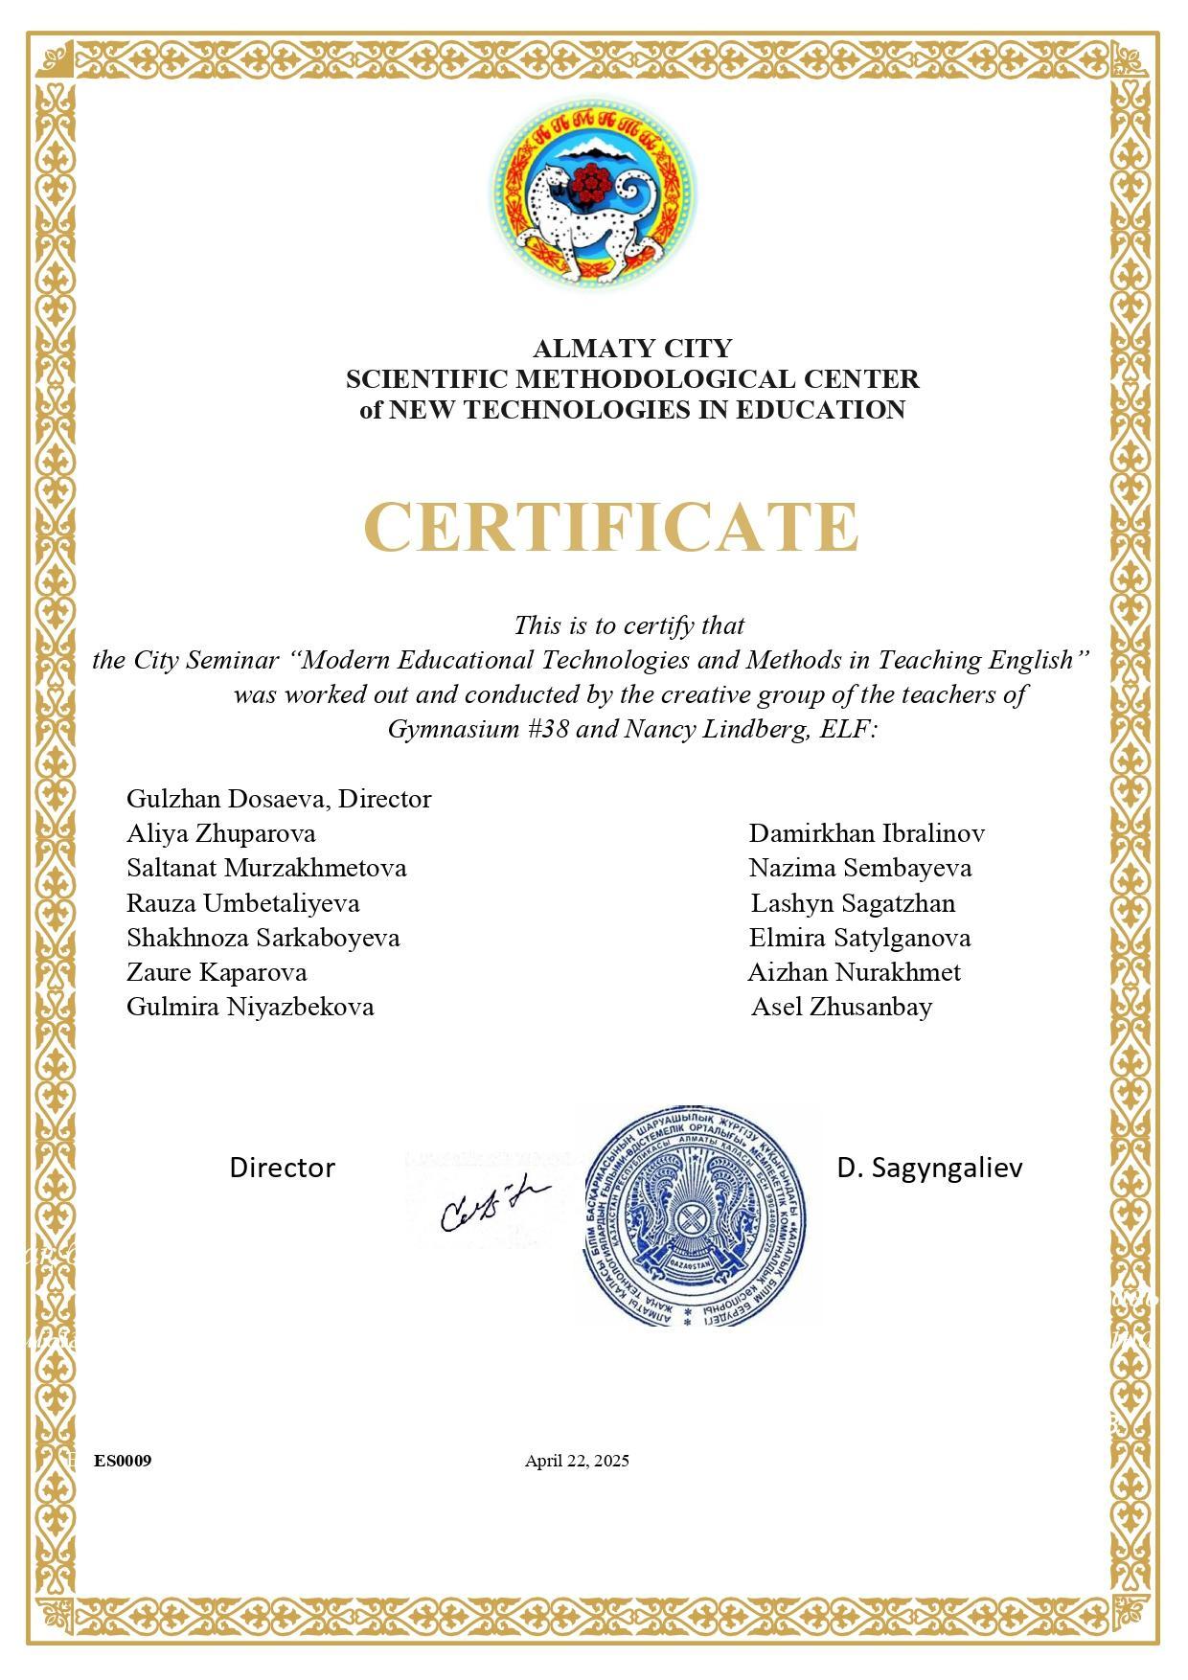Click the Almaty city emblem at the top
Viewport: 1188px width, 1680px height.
click(x=594, y=194)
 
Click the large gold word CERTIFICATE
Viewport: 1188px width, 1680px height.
click(x=610, y=527)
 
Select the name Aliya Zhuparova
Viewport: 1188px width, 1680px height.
click(x=221, y=833)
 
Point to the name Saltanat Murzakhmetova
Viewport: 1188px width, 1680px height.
click(x=266, y=868)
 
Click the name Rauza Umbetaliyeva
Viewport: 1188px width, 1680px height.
click(x=243, y=903)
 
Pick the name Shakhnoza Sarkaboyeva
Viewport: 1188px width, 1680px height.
click(x=263, y=938)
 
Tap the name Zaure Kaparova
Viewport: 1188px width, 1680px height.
click(x=217, y=972)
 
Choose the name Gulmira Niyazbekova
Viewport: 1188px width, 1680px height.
click(x=250, y=1007)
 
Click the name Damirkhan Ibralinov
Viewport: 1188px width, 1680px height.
click(x=866, y=833)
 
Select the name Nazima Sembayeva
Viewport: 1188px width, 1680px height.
click(x=860, y=868)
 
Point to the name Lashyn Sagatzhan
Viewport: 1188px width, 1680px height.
click(x=853, y=903)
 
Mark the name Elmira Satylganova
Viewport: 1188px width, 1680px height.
click(x=859, y=938)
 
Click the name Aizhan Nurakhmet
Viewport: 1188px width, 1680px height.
click(x=854, y=972)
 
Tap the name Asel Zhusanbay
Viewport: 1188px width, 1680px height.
click(x=841, y=1007)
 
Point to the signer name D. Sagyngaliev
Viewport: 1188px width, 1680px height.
click(x=929, y=1168)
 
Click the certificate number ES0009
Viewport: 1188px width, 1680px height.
click(x=123, y=1461)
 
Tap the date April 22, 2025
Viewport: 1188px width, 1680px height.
click(x=577, y=1461)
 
